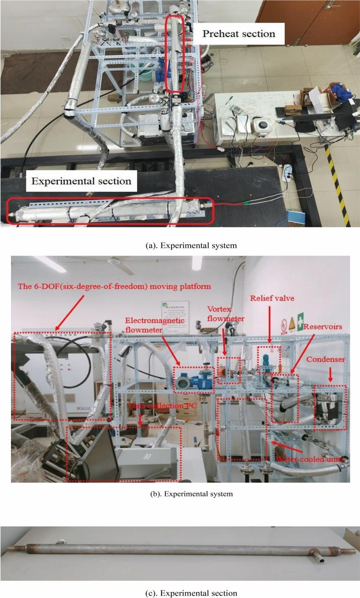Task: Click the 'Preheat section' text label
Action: tap(239, 34)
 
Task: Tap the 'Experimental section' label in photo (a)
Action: tap(81, 181)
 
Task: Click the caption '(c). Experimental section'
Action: tap(191, 593)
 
